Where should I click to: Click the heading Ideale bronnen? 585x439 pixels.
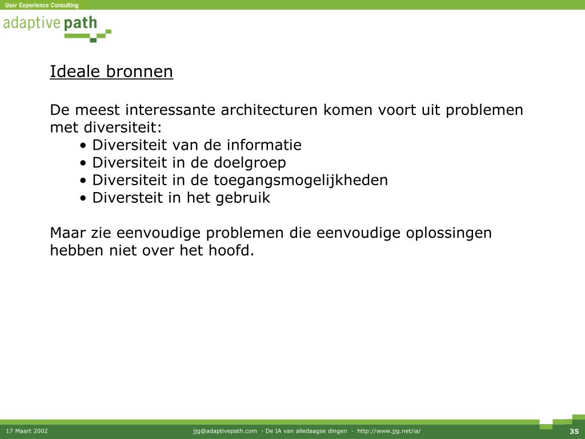click(111, 71)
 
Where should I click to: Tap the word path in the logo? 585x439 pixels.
click(80, 23)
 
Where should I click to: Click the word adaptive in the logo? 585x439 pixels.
click(32, 23)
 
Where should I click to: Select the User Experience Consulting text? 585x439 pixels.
click(42, 5)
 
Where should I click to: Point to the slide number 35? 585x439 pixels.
click(574, 431)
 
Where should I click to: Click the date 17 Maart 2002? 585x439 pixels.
click(27, 431)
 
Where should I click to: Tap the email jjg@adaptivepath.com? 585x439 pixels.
click(225, 431)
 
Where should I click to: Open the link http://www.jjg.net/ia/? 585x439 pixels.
click(388, 431)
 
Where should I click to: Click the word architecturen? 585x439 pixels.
click(270, 110)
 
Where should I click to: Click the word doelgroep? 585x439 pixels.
click(250, 163)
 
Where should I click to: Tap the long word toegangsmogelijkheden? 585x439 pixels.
click(300, 181)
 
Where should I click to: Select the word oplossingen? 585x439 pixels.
click(449, 233)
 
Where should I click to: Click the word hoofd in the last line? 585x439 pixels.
click(231, 250)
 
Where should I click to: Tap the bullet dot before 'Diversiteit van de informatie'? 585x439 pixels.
click(83, 146)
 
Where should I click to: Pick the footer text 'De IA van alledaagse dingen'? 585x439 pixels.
click(306, 431)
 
